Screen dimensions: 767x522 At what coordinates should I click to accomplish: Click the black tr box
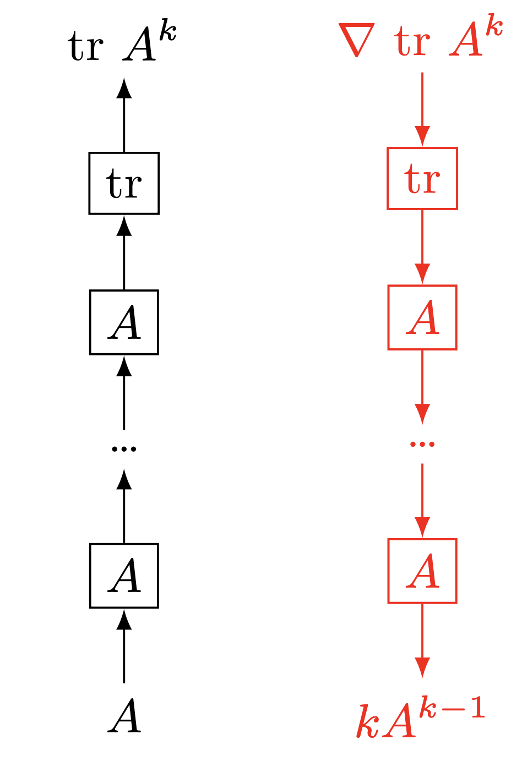[x=124, y=183]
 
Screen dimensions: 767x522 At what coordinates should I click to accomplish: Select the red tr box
[x=422, y=178]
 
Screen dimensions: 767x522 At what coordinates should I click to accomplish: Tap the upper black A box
[x=124, y=322]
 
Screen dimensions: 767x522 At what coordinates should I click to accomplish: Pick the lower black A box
[x=124, y=576]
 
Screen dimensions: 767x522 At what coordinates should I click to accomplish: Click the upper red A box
[x=422, y=317]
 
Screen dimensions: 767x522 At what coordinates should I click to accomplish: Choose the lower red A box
[x=422, y=571]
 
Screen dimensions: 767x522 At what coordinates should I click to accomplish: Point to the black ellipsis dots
[x=124, y=449]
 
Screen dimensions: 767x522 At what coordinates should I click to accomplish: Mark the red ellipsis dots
[x=422, y=443]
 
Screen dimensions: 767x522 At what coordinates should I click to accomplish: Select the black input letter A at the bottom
[x=124, y=716]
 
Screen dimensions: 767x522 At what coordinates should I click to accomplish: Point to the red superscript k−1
[x=452, y=708]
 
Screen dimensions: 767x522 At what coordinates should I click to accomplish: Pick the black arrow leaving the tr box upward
[x=124, y=116]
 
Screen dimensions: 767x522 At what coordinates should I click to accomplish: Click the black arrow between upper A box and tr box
[x=124, y=253]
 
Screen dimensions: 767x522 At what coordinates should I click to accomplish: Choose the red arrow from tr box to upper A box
[x=422, y=247]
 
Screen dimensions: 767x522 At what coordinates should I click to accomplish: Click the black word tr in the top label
[x=86, y=46]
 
